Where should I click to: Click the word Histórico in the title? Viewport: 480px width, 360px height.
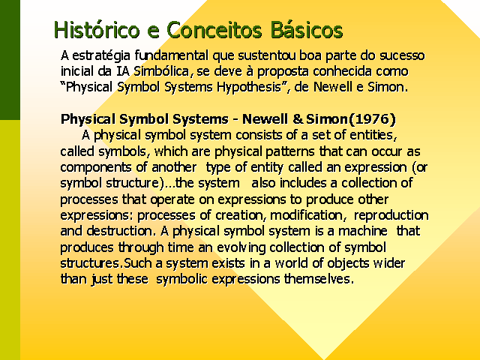tap(97, 30)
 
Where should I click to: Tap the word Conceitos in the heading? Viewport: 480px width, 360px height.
tap(214, 30)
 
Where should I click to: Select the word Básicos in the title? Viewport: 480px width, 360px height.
tap(307, 30)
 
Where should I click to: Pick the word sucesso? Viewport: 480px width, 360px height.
tap(402, 56)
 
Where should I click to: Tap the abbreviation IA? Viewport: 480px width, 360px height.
tap(123, 71)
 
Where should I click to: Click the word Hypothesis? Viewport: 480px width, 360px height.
tap(249, 88)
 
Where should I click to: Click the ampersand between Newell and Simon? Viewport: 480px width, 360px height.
tap(298, 119)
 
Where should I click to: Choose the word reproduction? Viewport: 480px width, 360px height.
tap(391, 215)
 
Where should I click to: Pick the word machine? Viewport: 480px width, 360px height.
tap(362, 231)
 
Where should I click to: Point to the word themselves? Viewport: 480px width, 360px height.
tap(319, 279)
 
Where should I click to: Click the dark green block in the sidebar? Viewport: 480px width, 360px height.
tap(10, 60)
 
